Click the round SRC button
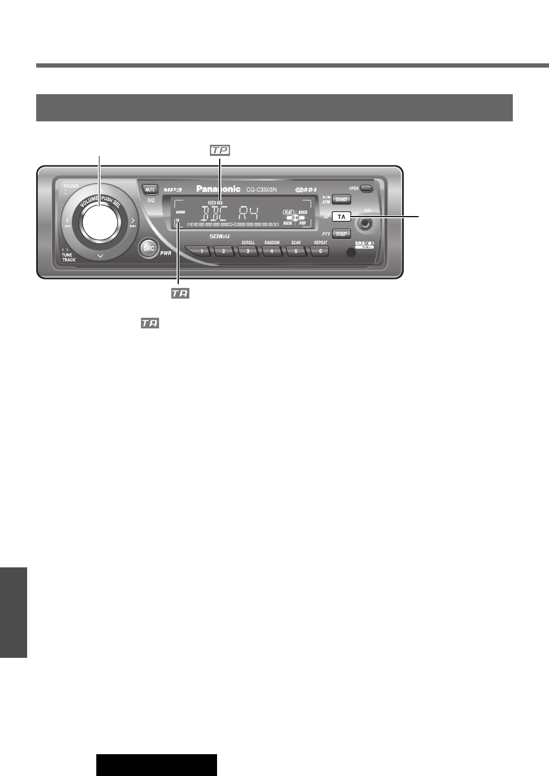tap(149, 249)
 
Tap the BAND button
tap(342, 200)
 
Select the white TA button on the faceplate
tap(342, 217)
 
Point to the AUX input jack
tap(365, 223)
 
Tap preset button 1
tap(201, 251)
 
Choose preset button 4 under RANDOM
tap(272, 251)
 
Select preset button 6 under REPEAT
tap(320, 251)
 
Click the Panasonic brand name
tap(219, 189)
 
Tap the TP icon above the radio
tap(220, 151)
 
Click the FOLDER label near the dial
tap(71, 186)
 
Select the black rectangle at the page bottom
tap(156, 764)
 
